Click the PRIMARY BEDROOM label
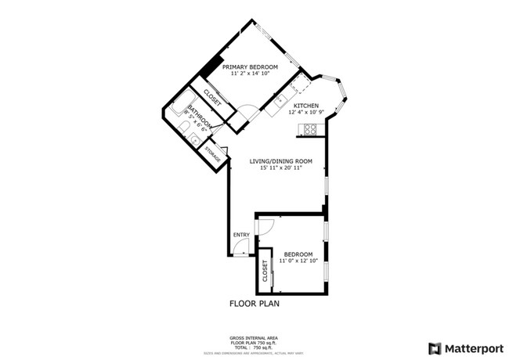tap(250, 67)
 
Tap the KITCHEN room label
tap(305, 106)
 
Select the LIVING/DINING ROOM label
tap(280, 161)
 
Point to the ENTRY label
tap(241, 235)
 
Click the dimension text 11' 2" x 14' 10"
tap(250, 74)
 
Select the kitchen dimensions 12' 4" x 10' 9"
tap(305, 113)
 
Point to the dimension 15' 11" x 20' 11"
tap(280, 168)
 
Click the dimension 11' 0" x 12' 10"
tap(298, 261)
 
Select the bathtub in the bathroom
tap(182, 106)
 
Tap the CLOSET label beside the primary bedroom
tap(212, 99)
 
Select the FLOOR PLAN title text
tap(254, 302)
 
